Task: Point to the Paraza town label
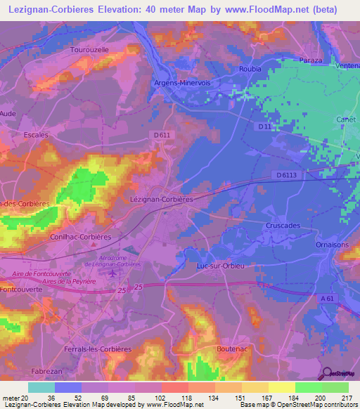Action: coord(310,60)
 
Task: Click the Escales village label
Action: coord(36,134)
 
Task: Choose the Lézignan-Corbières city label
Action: coord(162,199)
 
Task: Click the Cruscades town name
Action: coord(283,226)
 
